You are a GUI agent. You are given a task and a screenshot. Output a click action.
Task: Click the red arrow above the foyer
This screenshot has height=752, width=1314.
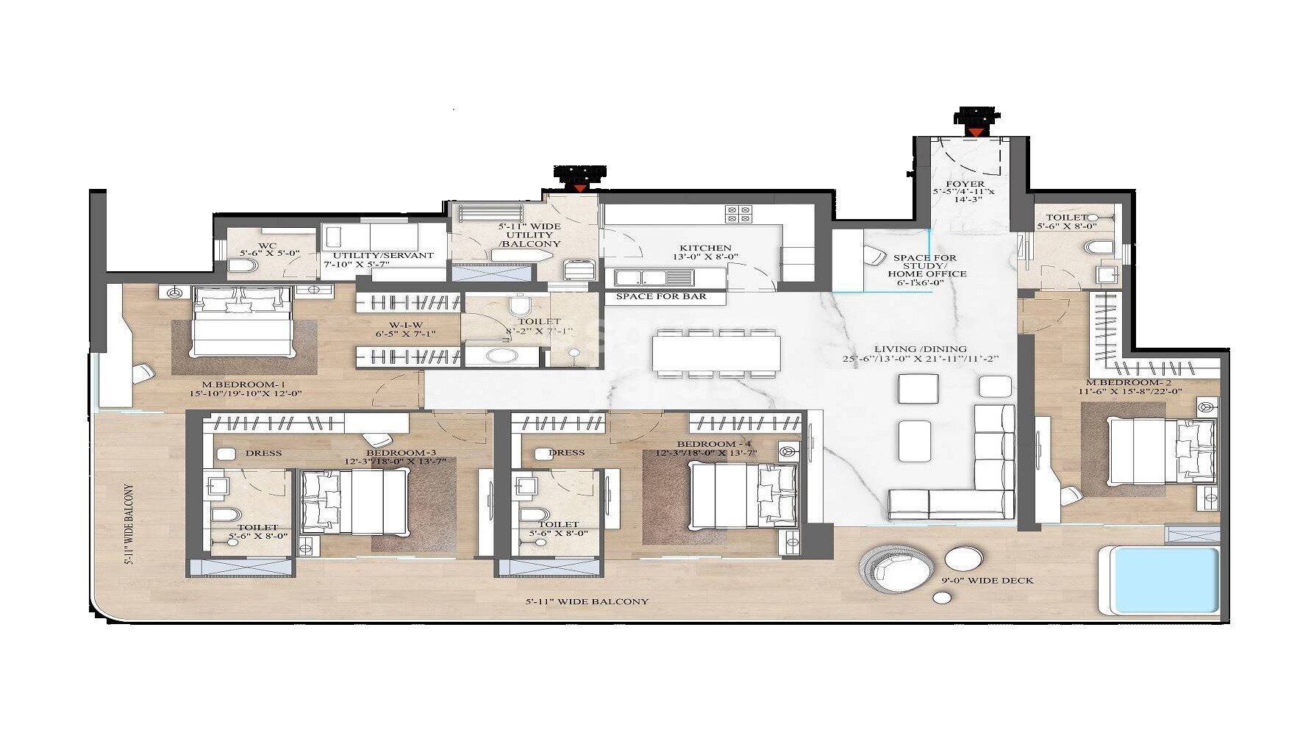(975, 132)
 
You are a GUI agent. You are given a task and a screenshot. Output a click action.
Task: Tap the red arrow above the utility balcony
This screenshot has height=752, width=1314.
(580, 188)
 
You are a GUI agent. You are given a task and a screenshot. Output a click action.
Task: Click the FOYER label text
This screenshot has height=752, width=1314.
(965, 184)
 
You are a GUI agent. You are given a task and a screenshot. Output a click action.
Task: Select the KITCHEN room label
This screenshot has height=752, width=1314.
(704, 248)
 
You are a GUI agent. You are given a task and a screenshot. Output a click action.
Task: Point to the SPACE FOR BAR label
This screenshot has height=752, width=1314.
(660, 297)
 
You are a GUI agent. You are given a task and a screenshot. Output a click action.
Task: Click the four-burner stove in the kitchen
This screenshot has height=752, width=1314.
(738, 214)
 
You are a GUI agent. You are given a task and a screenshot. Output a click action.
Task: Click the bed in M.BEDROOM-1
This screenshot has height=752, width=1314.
(241, 322)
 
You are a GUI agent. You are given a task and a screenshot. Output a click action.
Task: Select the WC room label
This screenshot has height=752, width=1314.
(267, 245)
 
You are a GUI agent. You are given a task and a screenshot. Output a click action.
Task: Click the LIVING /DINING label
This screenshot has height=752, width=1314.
(920, 349)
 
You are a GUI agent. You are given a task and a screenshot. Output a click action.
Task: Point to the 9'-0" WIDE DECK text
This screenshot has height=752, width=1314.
(987, 581)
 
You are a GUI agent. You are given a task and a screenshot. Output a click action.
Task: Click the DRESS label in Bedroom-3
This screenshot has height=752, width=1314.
(263, 453)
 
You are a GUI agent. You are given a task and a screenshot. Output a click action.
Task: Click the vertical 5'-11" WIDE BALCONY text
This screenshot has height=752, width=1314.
(129, 524)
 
